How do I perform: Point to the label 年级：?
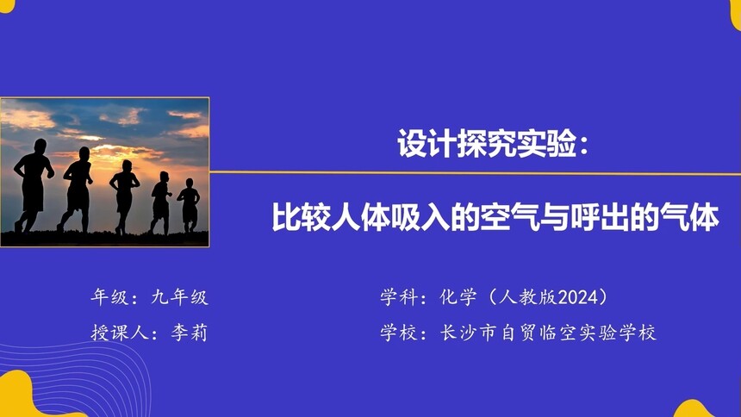115,298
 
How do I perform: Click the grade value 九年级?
179,298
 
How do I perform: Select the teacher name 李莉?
190,333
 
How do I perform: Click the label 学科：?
404,298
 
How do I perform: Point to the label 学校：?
404,333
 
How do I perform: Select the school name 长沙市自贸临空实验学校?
548,333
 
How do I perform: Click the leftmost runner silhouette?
34,185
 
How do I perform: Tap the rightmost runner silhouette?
189,205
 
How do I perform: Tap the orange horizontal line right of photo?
474,172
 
